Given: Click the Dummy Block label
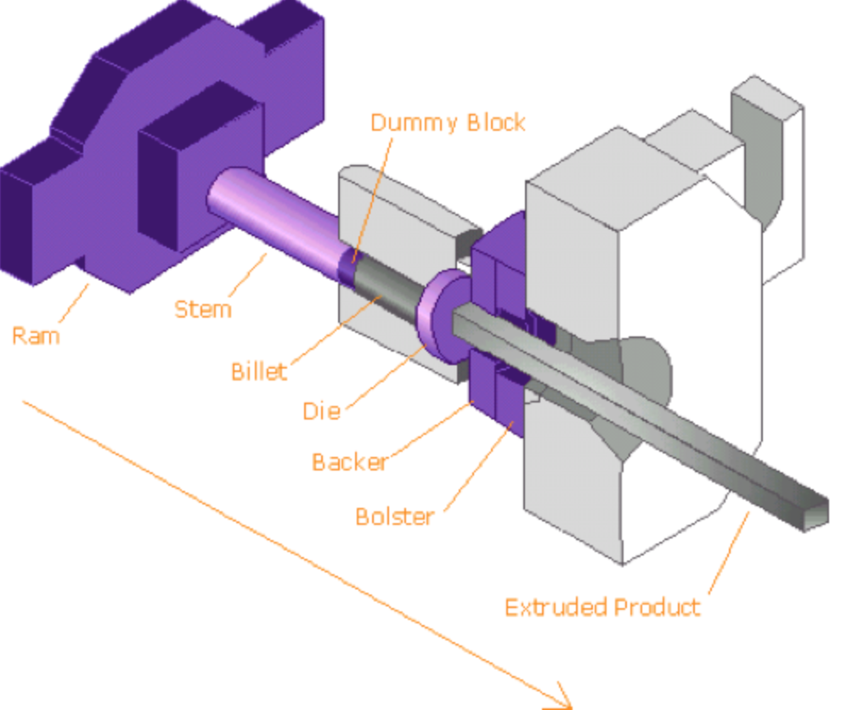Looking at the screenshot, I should (x=448, y=123).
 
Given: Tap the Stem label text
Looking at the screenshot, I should (x=202, y=308).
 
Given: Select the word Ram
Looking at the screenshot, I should (x=36, y=335).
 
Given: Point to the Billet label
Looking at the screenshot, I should (x=258, y=372).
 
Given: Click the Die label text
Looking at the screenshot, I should (x=321, y=412).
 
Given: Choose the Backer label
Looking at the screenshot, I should (x=349, y=462).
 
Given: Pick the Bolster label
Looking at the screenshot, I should (x=394, y=516).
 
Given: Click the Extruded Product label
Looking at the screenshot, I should (x=602, y=607).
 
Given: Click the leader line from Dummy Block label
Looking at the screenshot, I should (x=373, y=195).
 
